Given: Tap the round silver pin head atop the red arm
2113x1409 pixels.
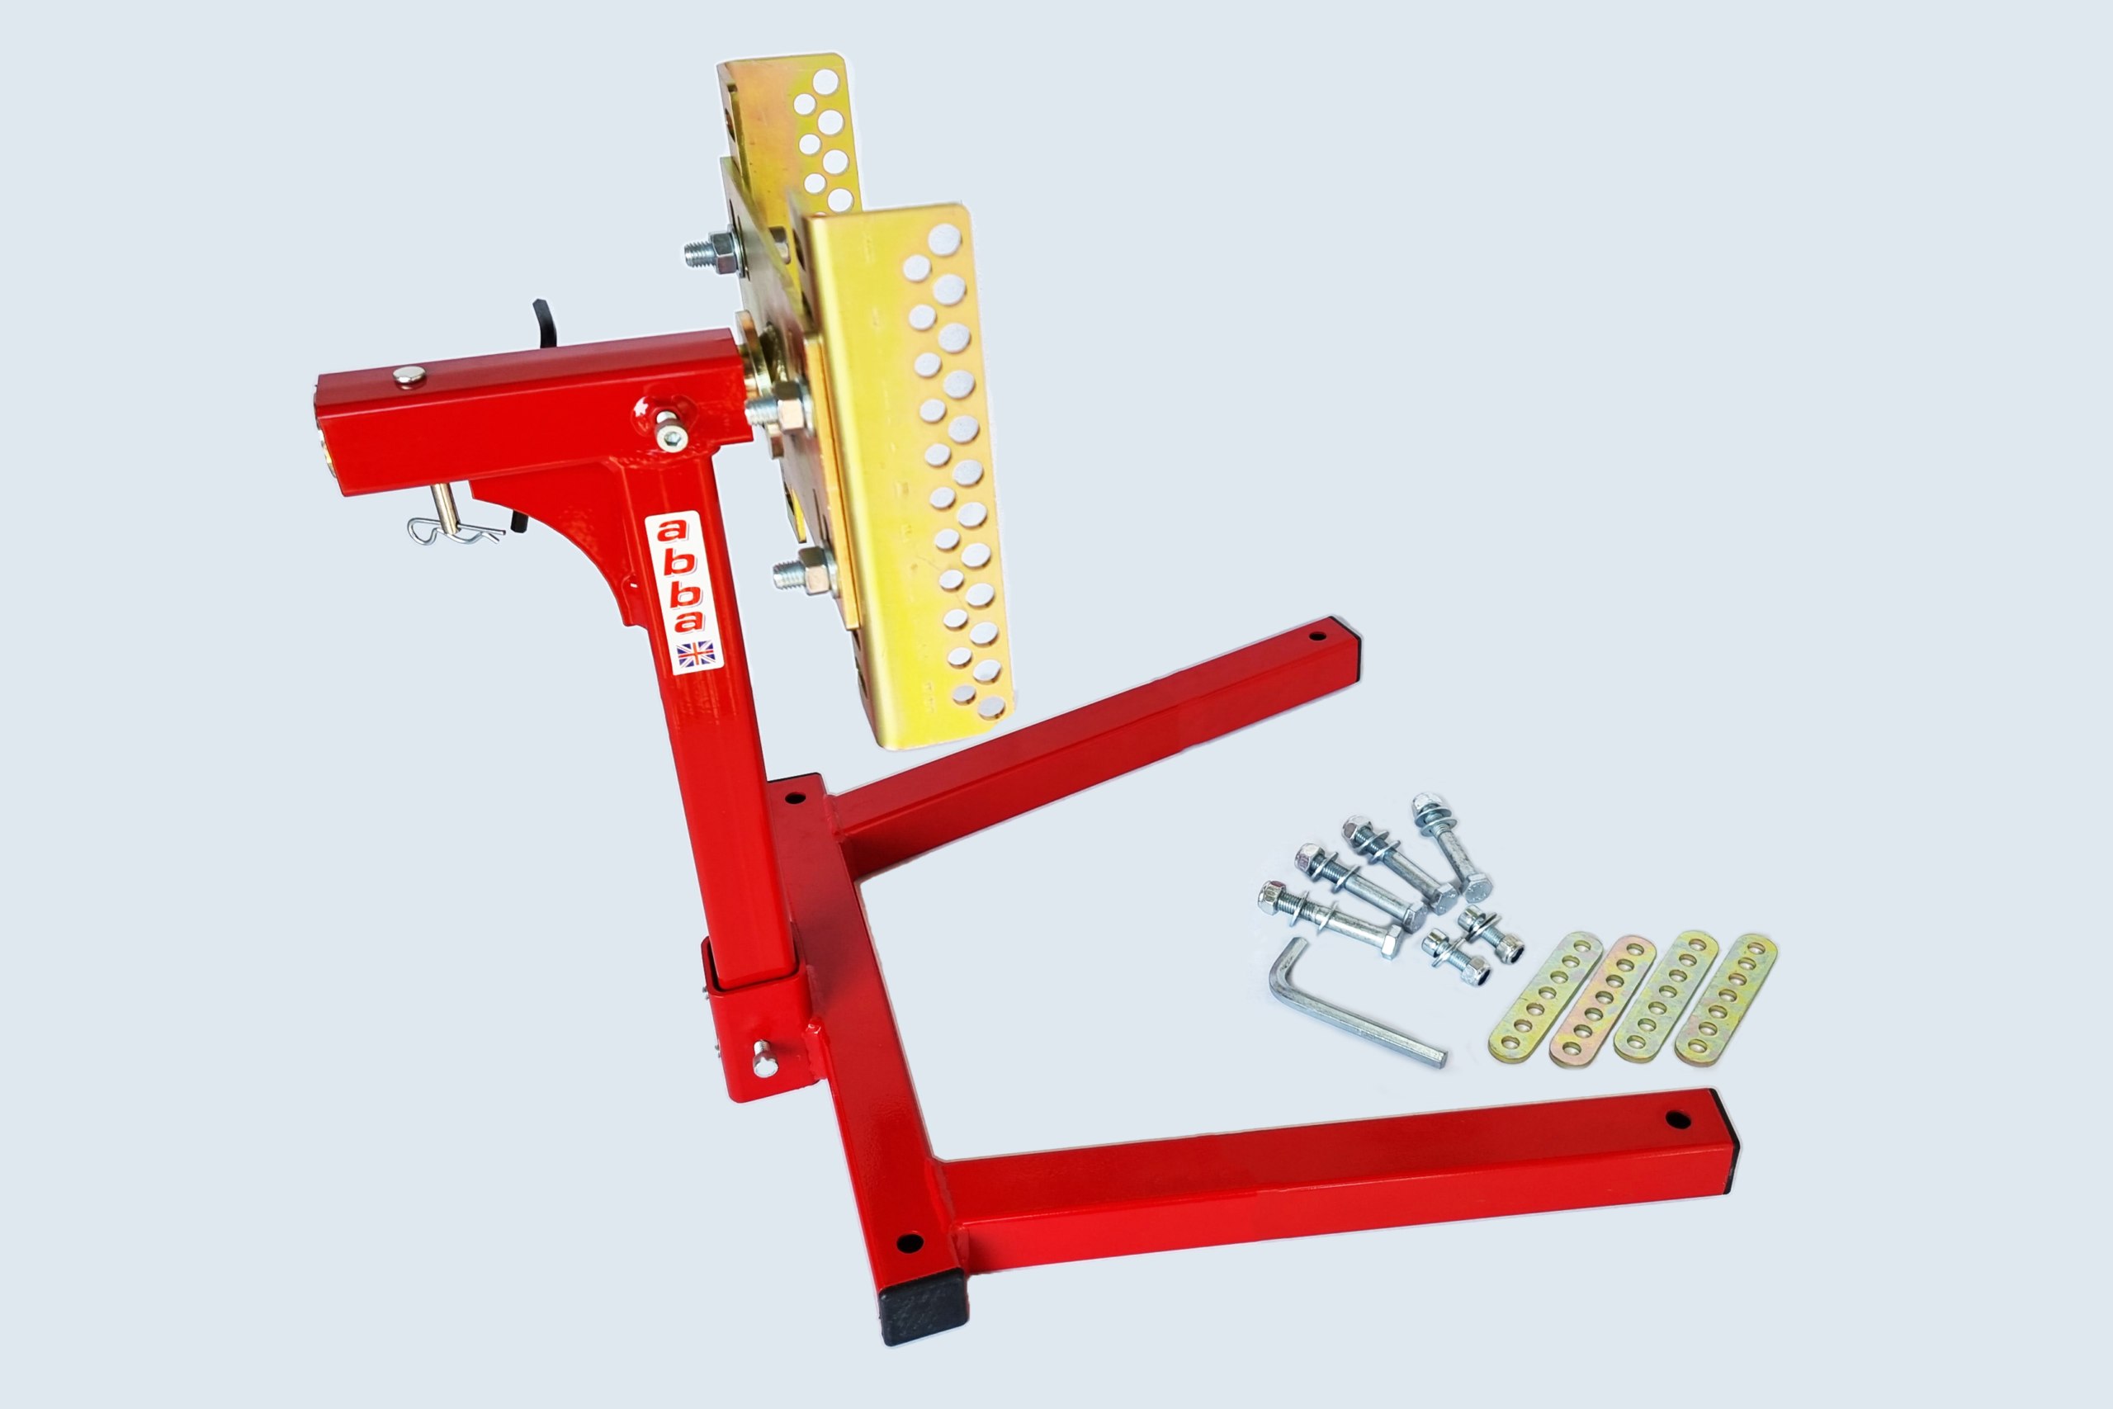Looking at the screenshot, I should click(x=410, y=376).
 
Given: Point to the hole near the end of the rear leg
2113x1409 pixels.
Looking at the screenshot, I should click(x=1317, y=636).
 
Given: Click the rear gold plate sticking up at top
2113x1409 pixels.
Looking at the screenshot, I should click(x=791, y=125).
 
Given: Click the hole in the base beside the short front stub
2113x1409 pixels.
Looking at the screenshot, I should click(x=909, y=1244).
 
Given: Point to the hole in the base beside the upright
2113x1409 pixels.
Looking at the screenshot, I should click(x=794, y=797).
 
